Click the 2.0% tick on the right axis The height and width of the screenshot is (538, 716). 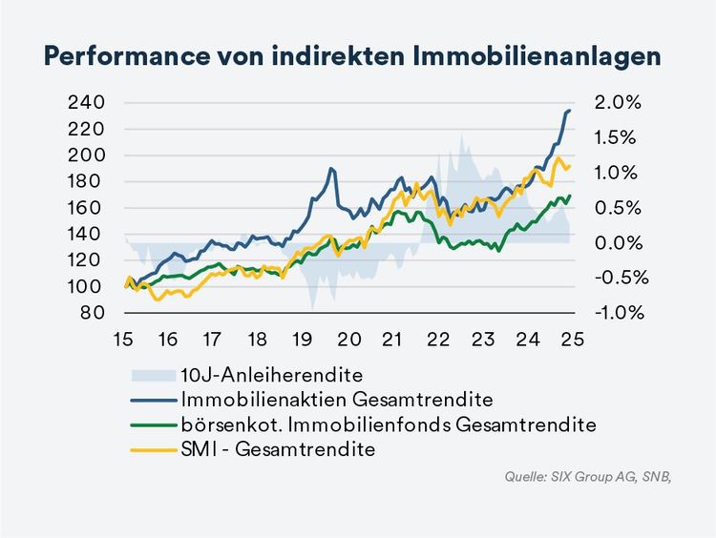619,102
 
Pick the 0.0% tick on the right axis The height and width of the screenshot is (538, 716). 619,242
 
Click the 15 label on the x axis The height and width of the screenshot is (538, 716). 122,339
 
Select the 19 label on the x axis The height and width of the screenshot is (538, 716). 303,339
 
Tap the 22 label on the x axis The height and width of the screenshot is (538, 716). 437,339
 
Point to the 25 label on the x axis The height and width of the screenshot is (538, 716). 572,339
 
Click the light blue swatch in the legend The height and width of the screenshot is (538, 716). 149,371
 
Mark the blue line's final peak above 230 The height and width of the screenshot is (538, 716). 570,111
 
